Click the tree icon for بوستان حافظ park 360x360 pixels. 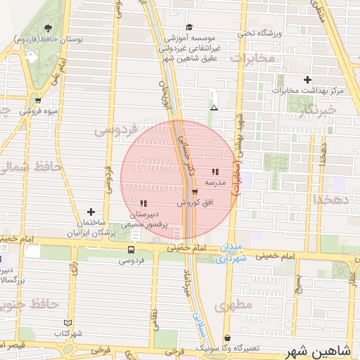(x=47, y=28)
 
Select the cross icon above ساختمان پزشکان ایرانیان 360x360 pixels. (x=91, y=212)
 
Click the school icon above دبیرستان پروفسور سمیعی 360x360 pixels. (x=144, y=203)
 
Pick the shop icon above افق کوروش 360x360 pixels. (x=194, y=191)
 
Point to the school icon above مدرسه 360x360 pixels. (x=214, y=172)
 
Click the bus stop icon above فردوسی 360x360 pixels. (x=131, y=250)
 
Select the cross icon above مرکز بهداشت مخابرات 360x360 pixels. (x=307, y=79)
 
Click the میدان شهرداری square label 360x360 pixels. (x=231, y=253)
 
